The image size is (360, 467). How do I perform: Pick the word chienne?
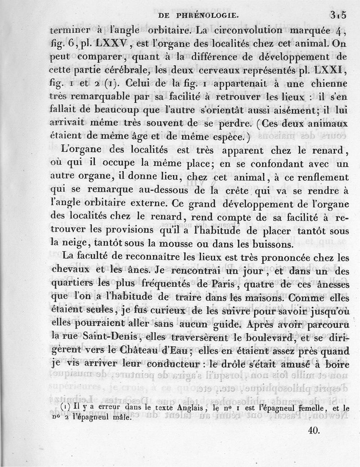[325, 84]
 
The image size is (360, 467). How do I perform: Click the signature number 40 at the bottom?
[314, 430]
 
